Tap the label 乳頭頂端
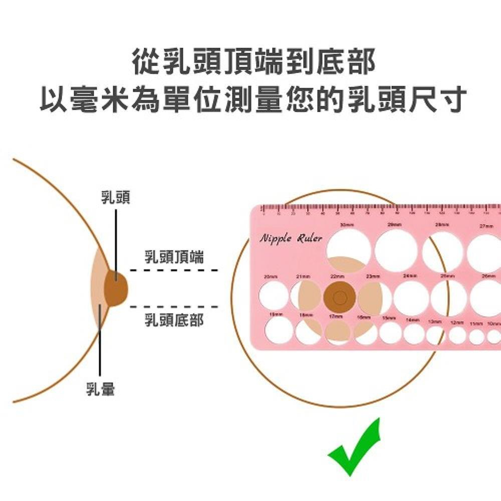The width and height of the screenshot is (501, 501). pos(174,258)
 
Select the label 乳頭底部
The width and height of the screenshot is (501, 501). pos(174,320)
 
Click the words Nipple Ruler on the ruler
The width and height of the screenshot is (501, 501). pos(291,238)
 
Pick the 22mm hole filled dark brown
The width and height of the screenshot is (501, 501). pos(340,298)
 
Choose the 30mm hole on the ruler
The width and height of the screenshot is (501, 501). pos(349,249)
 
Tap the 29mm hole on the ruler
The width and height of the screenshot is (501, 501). pos(396,250)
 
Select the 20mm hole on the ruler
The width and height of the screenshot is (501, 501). pos(274,296)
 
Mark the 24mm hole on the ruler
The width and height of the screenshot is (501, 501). pos(411,298)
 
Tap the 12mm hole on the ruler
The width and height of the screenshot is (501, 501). pos(457,335)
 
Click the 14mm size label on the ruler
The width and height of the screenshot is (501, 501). pos(412,320)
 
